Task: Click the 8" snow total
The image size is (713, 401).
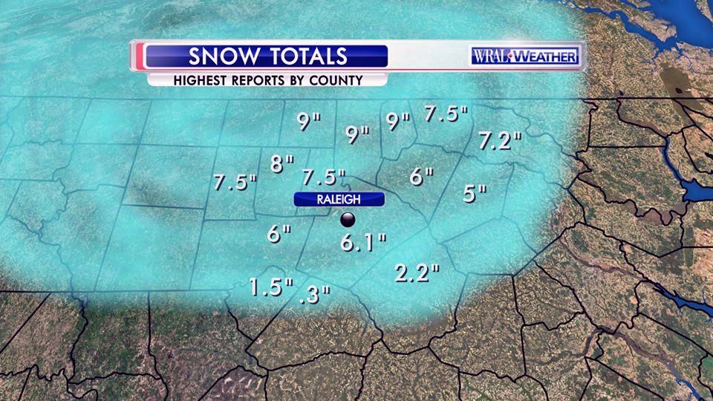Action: pyautogui.click(x=282, y=164)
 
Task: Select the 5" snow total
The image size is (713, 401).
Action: pyautogui.click(x=474, y=193)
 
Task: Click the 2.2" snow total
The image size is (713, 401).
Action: pyautogui.click(x=417, y=273)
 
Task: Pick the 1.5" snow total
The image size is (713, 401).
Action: pyautogui.click(x=271, y=286)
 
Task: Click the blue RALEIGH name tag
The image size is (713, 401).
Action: pyautogui.click(x=339, y=199)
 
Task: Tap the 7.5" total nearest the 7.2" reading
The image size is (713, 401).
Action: pyautogui.click(x=446, y=114)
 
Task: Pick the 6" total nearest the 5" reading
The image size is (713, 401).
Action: pyautogui.click(x=421, y=177)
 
